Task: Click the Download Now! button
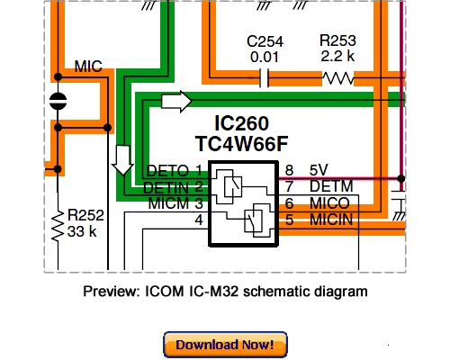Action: pyautogui.click(x=225, y=344)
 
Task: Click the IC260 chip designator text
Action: pyautogui.click(x=242, y=123)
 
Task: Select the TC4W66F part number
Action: pyautogui.click(x=242, y=143)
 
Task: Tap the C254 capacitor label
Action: pyautogui.click(x=265, y=41)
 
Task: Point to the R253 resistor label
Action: pyautogui.click(x=338, y=41)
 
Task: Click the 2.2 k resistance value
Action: pyautogui.click(x=338, y=57)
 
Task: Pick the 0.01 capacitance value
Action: pyautogui.click(x=265, y=57)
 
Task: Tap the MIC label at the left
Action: pyautogui.click(x=88, y=67)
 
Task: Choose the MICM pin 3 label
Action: pyautogui.click(x=164, y=203)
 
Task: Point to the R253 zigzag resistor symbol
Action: pyautogui.click(x=338, y=78)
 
